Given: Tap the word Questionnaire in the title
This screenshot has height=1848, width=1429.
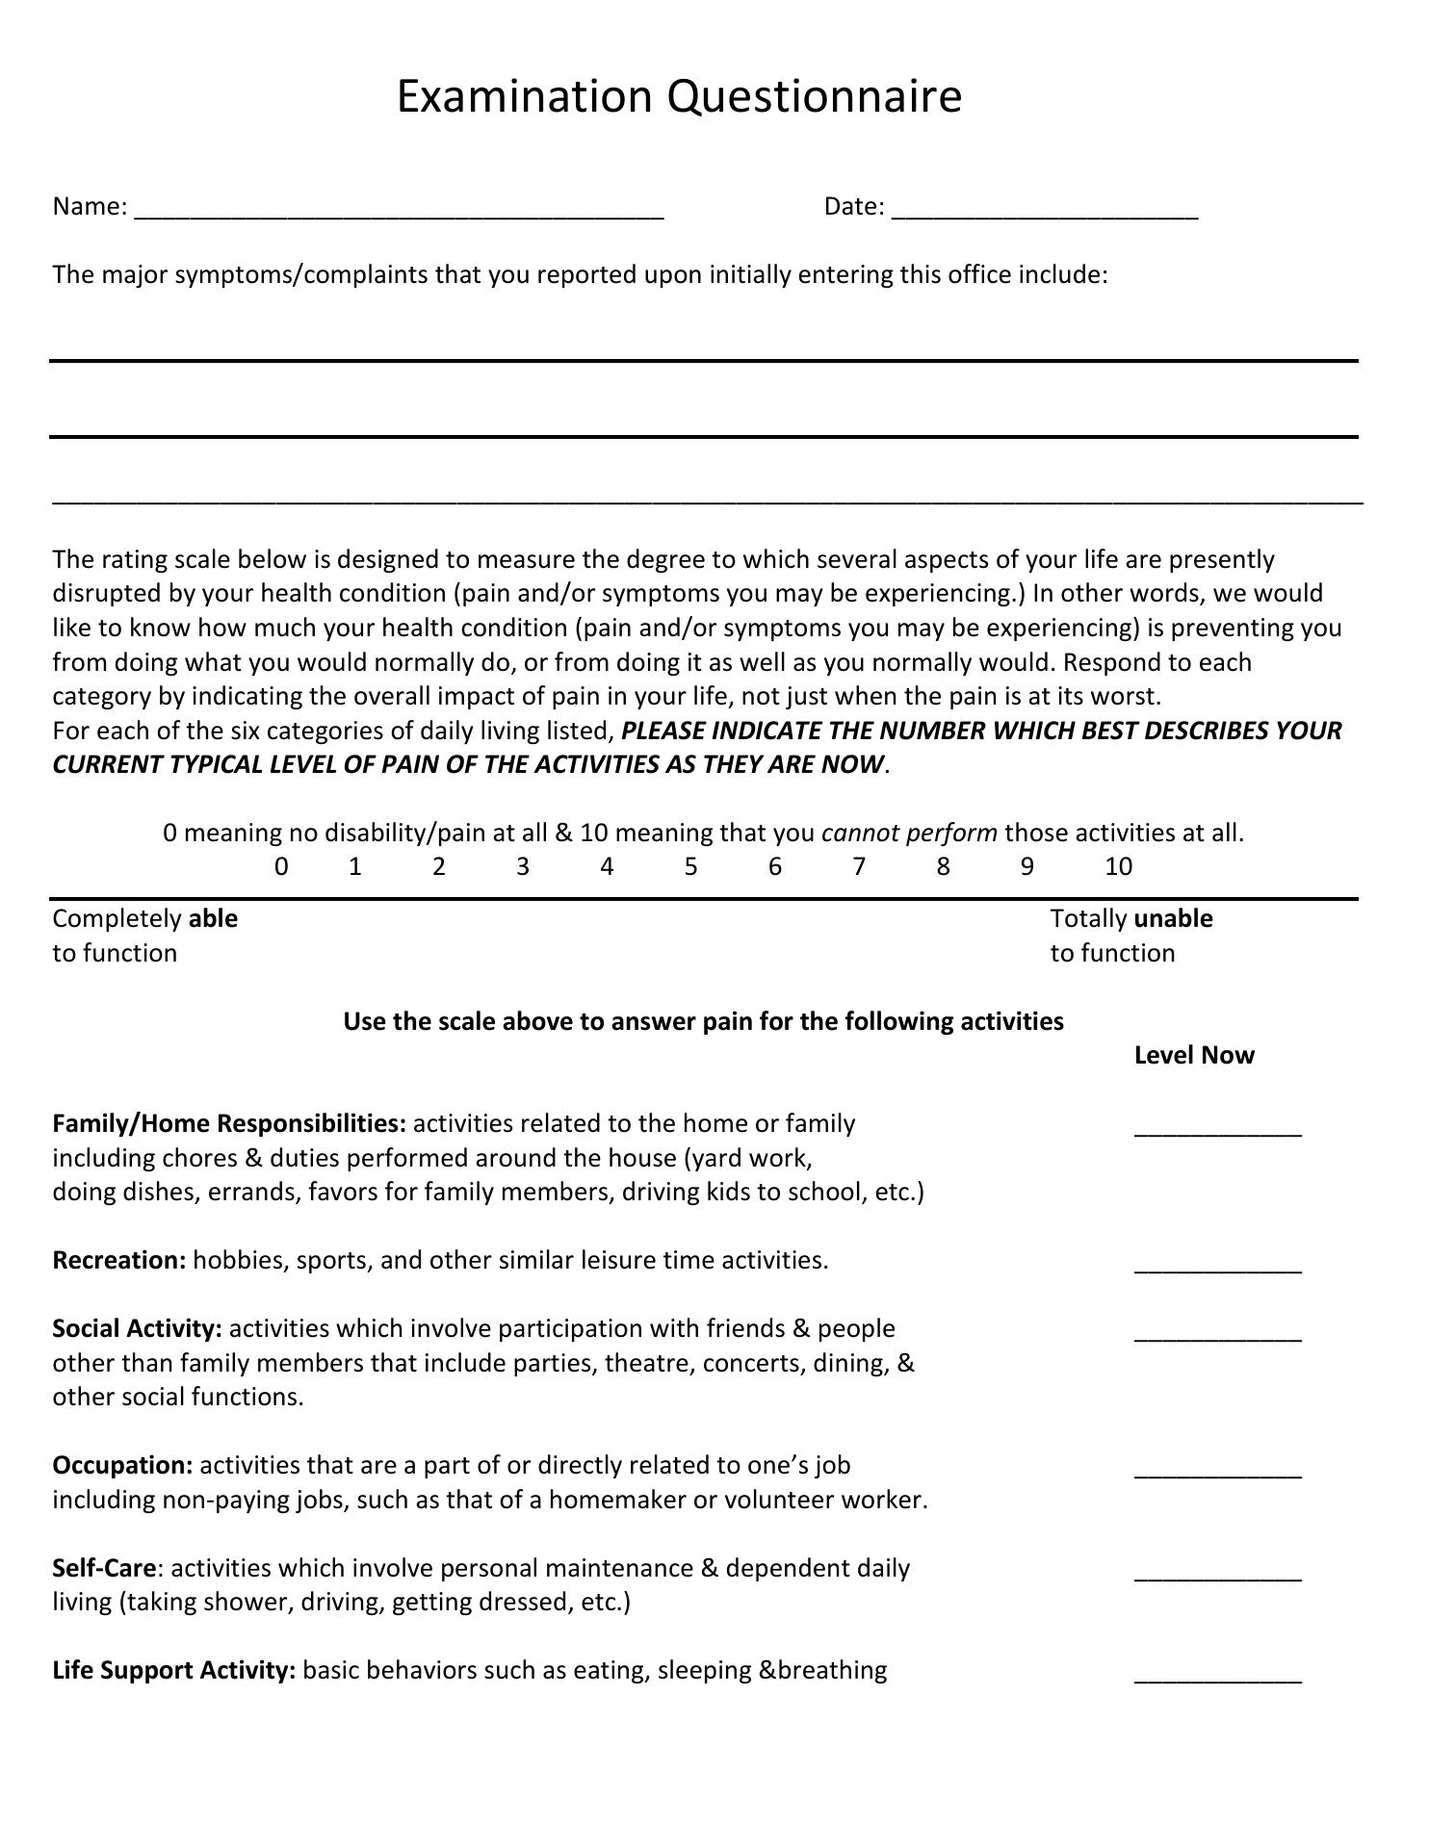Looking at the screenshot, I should click(814, 97).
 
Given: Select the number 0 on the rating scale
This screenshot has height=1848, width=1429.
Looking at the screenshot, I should click(281, 867).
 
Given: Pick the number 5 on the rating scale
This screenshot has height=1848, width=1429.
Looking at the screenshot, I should click(690, 867).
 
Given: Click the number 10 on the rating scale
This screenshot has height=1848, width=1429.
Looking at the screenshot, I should click(1118, 867).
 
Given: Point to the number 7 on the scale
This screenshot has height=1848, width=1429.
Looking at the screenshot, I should click(859, 867).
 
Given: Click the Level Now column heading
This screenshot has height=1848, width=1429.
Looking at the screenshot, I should click(1194, 1056).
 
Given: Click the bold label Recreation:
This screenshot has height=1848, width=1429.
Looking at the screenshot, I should click(119, 1261).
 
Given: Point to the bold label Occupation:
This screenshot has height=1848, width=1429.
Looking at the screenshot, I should click(123, 1466).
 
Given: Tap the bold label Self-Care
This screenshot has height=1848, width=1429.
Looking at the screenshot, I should click(104, 1569).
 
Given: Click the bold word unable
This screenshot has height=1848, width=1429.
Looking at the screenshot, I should click(1173, 919).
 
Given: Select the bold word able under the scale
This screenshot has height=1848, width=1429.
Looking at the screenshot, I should click(213, 919).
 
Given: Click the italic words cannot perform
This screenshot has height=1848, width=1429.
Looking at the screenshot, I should click(909, 834).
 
